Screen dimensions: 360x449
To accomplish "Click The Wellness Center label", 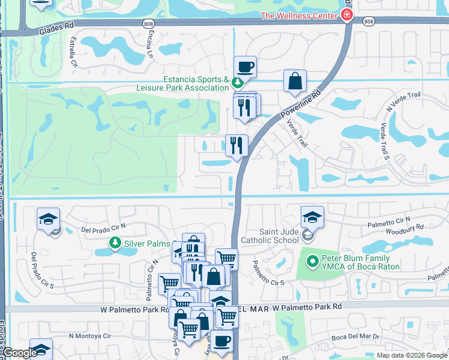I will (298, 16).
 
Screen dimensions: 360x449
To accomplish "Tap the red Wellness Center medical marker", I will (346, 15).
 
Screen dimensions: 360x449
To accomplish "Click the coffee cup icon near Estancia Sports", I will (245, 67).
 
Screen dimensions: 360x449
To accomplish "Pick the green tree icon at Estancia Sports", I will (238, 82).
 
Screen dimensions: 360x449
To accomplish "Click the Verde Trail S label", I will (382, 142).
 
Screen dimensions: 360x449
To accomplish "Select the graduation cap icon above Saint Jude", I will (312, 217).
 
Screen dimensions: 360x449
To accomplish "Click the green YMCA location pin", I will (312, 261).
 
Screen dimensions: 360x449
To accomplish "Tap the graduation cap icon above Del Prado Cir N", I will (48, 219).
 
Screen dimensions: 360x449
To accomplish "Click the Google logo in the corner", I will (19, 353).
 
